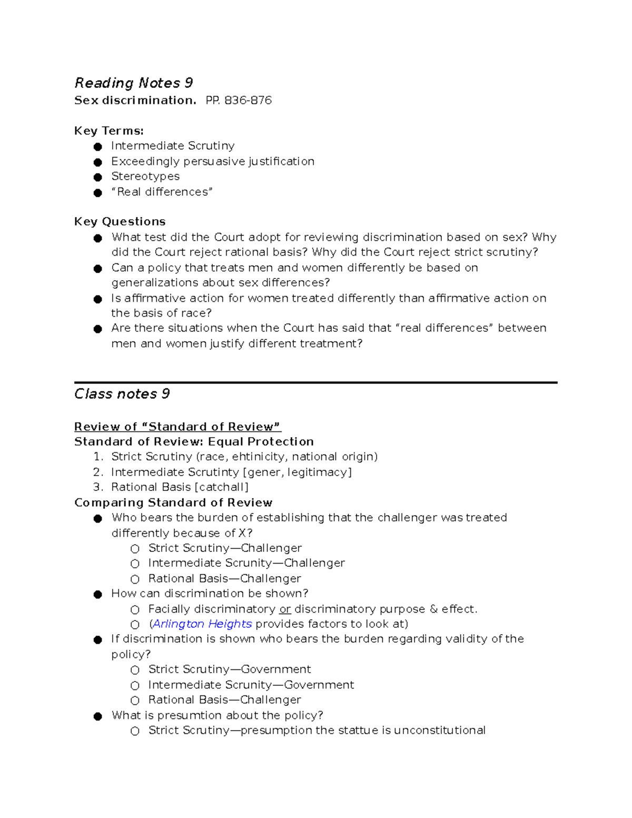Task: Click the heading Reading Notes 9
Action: tap(133, 83)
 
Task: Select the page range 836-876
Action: tap(248, 101)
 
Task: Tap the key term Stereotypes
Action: tap(145, 176)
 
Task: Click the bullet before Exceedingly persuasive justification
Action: tap(97, 162)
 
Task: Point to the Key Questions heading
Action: tap(120, 222)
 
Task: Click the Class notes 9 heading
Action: tap(122, 394)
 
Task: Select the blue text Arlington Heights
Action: tap(202, 624)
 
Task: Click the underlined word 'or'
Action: tap(285, 609)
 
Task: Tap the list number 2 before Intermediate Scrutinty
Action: tap(97, 472)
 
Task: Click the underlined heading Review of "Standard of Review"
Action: tap(177, 427)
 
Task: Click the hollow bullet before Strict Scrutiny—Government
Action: tap(135, 670)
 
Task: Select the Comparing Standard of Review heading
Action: tap(173, 502)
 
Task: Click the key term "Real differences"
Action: tap(162, 192)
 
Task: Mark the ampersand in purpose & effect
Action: tap(433, 609)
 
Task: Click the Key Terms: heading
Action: tap(108, 131)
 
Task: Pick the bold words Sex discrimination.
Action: tap(135, 101)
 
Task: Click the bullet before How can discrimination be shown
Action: tap(97, 595)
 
